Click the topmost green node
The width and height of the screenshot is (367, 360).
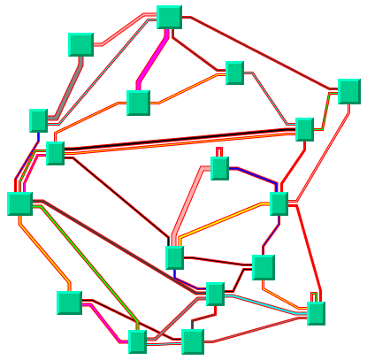[x=169, y=17]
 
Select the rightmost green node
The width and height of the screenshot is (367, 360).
[x=348, y=91]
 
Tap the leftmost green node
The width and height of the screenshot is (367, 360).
[x=19, y=203]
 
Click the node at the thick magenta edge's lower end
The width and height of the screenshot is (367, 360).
[x=138, y=103]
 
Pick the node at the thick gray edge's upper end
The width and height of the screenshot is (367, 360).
[x=80, y=45]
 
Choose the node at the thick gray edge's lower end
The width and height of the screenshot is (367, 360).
[x=38, y=120]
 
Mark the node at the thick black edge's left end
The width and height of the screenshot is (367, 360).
[x=55, y=153]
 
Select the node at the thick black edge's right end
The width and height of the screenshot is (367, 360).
[x=304, y=129]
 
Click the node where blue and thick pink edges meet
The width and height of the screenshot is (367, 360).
[x=219, y=168]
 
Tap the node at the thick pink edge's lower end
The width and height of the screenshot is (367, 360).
[x=174, y=257]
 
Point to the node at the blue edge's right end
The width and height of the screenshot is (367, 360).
[x=279, y=203]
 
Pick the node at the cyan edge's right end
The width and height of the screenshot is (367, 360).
[x=316, y=313]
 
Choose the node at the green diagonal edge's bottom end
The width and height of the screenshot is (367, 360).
[x=136, y=341]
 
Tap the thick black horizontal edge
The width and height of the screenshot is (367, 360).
[x=177, y=141]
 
